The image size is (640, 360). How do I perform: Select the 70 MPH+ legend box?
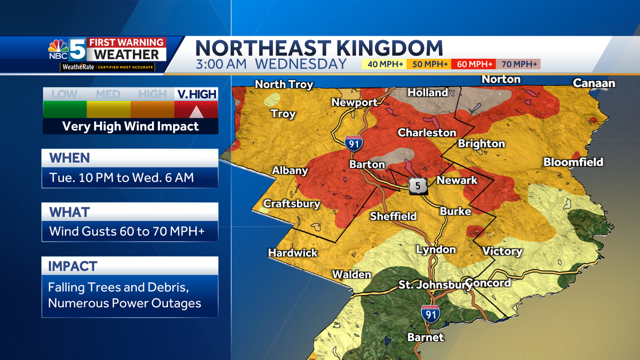[518, 65]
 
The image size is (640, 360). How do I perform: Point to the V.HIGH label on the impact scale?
[196, 95]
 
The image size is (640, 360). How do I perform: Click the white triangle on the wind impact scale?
[196, 111]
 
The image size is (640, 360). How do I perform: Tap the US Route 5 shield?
[417, 185]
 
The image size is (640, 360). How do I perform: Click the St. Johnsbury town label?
[431, 285]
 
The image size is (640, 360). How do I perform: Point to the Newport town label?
[355, 102]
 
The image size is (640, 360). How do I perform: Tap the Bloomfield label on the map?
[573, 162]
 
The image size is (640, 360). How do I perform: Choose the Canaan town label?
[594, 83]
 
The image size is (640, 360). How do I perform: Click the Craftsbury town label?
[292, 204]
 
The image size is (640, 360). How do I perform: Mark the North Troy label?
[284, 84]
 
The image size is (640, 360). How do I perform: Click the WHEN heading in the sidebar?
[69, 158]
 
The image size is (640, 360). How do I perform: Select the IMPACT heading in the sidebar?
[73, 266]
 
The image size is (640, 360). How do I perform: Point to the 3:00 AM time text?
[220, 65]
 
